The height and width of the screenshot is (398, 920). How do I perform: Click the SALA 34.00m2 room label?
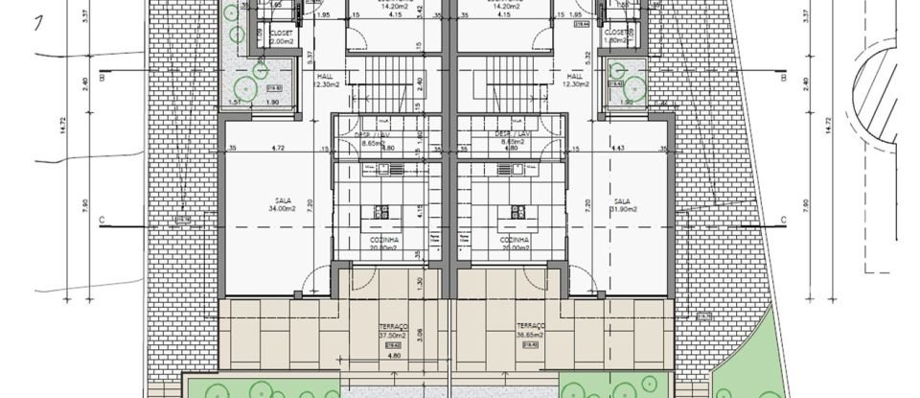coord(281,204)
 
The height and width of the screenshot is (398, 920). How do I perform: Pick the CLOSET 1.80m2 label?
coord(619,37)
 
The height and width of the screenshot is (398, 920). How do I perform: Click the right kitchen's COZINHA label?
coord(514,242)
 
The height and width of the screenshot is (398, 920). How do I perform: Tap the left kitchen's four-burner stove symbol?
coord(381,213)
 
